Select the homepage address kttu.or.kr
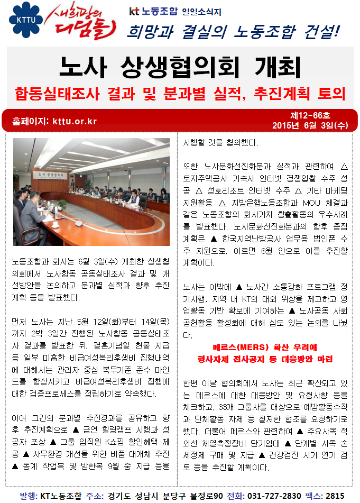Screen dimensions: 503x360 coord(75,121)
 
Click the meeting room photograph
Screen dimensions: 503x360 coord(91,191)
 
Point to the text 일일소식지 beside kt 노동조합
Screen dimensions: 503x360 coord(201,11)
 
